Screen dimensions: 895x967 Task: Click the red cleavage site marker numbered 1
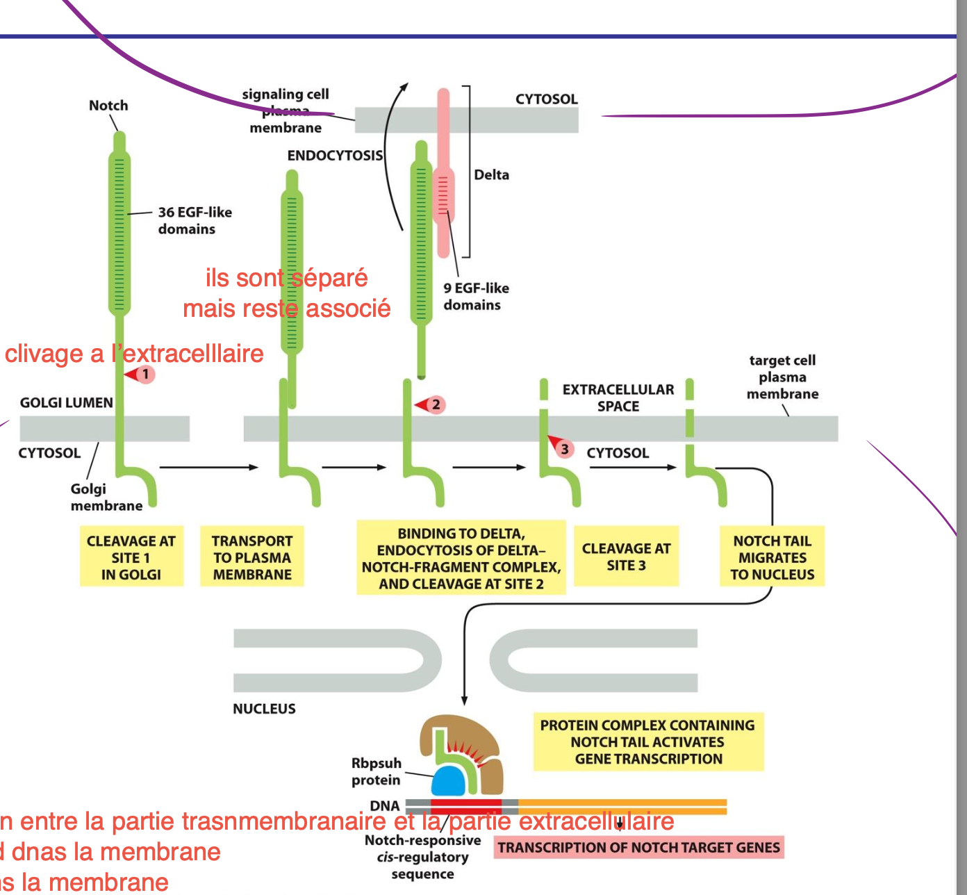(x=142, y=375)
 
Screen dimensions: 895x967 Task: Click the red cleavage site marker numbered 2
(x=432, y=404)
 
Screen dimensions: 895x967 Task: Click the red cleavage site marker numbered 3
(x=563, y=448)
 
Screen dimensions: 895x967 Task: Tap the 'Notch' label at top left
(x=108, y=106)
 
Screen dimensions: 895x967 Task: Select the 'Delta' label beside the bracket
(x=491, y=175)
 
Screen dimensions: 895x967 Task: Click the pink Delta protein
(x=443, y=174)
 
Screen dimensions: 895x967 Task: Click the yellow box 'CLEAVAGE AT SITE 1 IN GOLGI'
(x=131, y=557)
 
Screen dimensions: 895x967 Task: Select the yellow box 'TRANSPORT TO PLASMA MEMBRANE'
(x=252, y=557)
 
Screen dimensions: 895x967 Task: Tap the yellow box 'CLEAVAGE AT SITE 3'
(x=626, y=557)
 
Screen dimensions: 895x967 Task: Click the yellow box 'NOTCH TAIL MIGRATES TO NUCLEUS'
(x=772, y=557)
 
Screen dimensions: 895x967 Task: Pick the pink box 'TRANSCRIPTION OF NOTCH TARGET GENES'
(x=639, y=848)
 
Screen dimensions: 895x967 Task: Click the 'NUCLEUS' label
(x=264, y=709)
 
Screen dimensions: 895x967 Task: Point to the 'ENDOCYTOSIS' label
(x=335, y=156)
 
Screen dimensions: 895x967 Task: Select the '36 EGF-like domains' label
(x=195, y=220)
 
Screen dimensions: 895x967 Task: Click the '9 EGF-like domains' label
(x=476, y=296)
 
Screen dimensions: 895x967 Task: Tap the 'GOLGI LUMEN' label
(x=66, y=403)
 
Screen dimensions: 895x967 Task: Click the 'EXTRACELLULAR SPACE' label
(x=618, y=397)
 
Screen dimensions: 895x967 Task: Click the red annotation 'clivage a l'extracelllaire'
(x=134, y=354)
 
